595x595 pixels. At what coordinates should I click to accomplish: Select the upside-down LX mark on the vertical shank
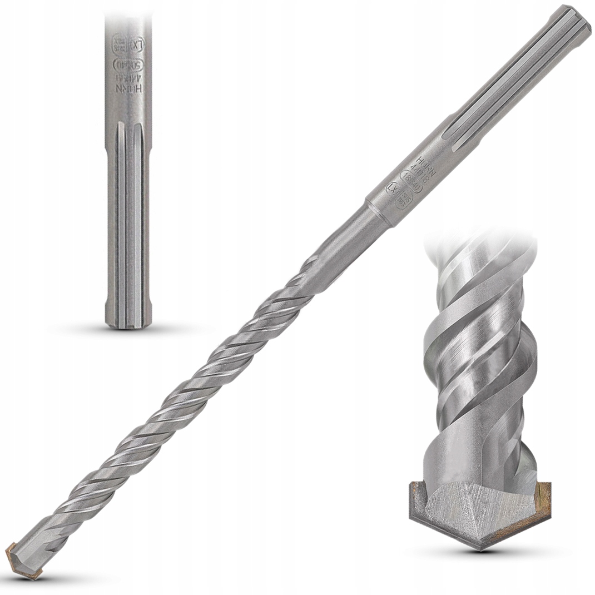(x=137, y=42)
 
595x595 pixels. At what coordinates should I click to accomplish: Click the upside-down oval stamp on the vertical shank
(x=128, y=64)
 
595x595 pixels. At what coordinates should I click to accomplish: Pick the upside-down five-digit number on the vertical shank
(x=128, y=78)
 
